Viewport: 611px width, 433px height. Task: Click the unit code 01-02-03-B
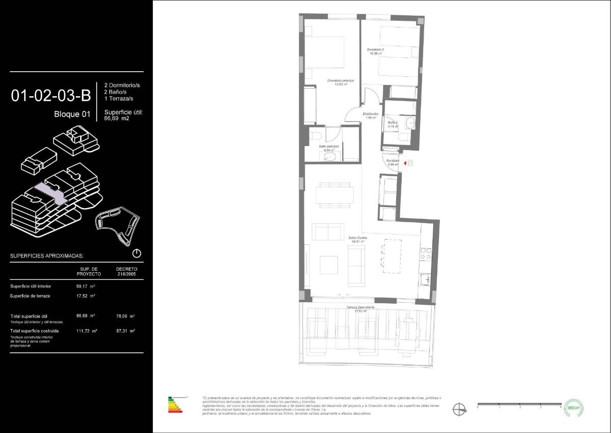(x=51, y=95)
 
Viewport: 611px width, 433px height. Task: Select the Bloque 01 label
(x=72, y=114)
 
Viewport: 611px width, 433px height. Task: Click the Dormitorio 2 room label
(x=376, y=51)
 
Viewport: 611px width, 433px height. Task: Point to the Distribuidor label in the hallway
(x=370, y=116)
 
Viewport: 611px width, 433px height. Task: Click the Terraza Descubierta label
(x=360, y=308)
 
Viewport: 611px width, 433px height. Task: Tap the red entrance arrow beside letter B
(x=404, y=163)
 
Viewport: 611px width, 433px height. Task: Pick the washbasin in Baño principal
(x=330, y=157)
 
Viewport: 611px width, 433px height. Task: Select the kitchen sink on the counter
(x=426, y=279)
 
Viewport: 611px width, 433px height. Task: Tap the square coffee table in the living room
(x=328, y=264)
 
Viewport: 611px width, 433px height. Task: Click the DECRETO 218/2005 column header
(x=126, y=271)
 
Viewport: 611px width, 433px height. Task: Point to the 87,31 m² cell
(x=125, y=331)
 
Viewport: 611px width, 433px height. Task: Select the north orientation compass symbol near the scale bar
(x=459, y=408)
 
